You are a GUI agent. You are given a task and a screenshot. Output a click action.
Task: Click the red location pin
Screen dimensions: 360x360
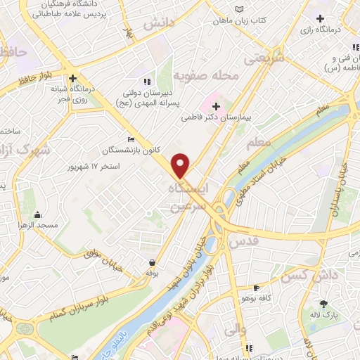(181, 165)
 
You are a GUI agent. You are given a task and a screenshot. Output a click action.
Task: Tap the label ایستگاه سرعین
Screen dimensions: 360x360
(189, 198)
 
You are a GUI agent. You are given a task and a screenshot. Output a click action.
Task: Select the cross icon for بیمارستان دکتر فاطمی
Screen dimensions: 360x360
(216, 107)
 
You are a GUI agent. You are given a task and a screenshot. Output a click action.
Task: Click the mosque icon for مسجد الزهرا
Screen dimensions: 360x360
(37, 216)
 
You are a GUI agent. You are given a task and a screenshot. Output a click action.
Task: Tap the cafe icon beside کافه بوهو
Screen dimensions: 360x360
(256, 288)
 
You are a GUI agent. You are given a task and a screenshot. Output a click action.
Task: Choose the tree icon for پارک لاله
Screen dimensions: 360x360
(323, 304)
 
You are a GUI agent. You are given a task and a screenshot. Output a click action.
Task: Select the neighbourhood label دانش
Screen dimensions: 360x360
(159, 23)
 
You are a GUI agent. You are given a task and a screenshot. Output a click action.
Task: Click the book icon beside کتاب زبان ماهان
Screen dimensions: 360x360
(242, 10)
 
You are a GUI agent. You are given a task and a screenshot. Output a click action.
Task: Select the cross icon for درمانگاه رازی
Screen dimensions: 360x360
(321, 18)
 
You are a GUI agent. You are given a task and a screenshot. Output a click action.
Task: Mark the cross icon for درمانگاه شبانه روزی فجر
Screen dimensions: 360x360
(72, 79)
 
